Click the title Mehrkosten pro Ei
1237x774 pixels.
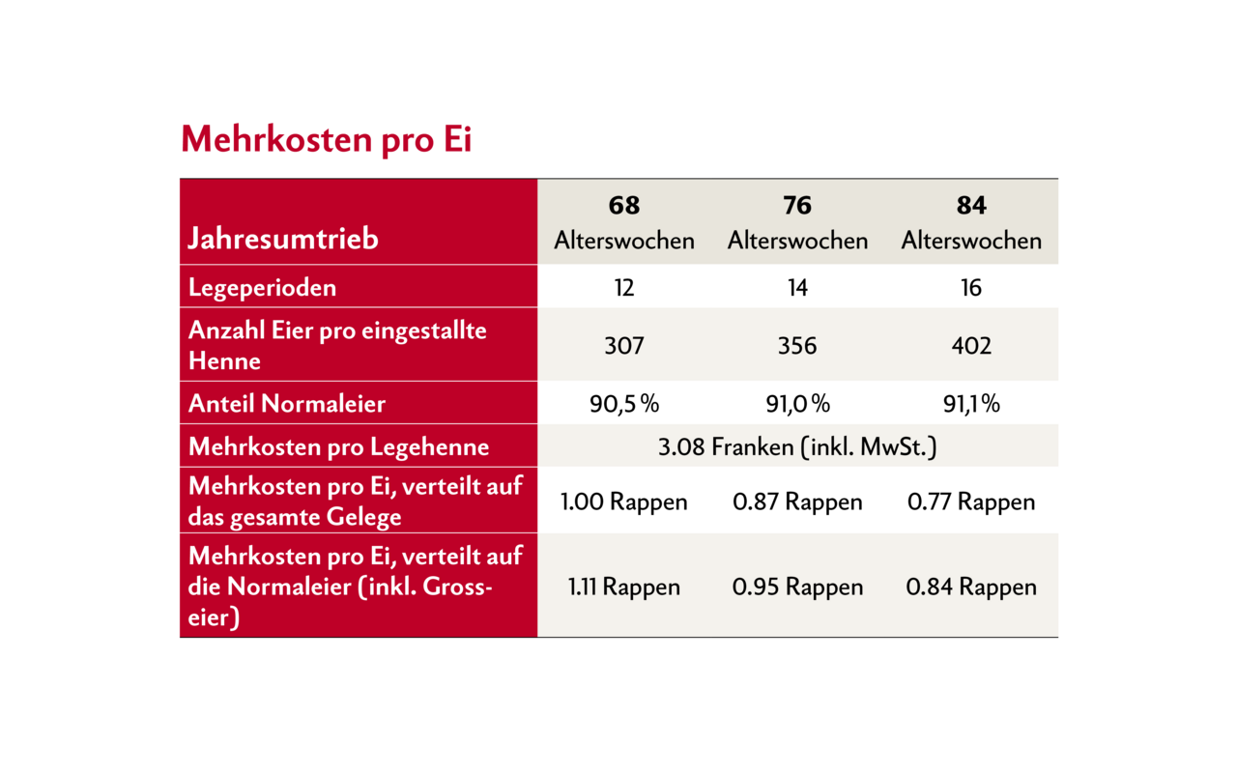coord(326,140)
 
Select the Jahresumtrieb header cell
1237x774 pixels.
coord(283,239)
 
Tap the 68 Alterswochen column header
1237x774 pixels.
coord(624,223)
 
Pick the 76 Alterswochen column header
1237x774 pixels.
coord(797,223)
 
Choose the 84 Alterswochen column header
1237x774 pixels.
coord(971,223)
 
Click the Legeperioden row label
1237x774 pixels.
coord(263,287)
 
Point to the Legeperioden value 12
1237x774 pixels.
coord(624,287)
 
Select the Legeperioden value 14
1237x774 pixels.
coord(797,287)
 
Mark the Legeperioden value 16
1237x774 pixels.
coord(971,287)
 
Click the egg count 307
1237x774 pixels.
coord(624,345)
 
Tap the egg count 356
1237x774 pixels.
coord(797,345)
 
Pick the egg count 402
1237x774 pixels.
coord(971,345)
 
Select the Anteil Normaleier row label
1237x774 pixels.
coord(287,403)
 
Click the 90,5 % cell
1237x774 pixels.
coord(624,403)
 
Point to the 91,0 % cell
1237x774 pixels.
coord(797,403)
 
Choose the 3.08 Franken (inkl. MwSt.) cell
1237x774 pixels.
coord(797,447)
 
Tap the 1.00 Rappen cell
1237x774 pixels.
coord(624,502)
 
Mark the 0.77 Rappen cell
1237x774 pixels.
coord(971,502)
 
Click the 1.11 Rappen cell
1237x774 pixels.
coord(624,587)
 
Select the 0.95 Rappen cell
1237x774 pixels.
coord(797,587)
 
